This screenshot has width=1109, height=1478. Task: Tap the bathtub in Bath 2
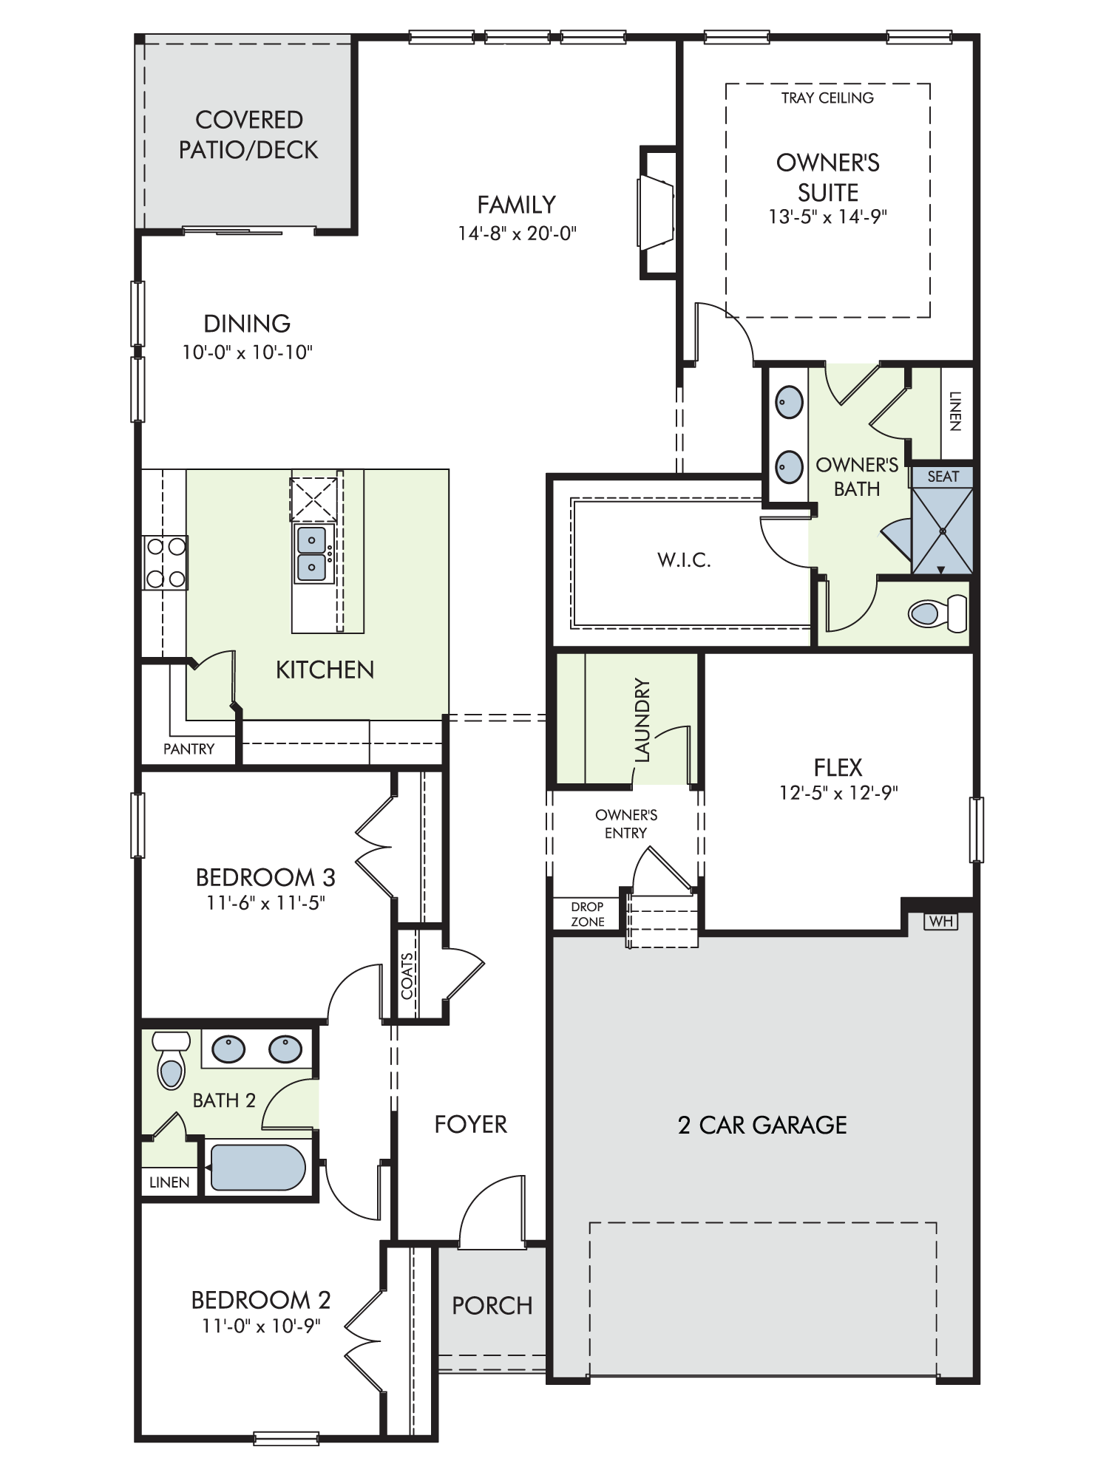pyautogui.click(x=258, y=1168)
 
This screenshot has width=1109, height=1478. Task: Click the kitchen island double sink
pyautogui.click(x=312, y=554)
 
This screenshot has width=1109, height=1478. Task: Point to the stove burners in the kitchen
pyautogui.click(x=166, y=562)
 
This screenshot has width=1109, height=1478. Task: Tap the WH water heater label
pyautogui.click(x=940, y=922)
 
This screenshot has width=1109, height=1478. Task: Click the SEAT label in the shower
pyautogui.click(x=943, y=477)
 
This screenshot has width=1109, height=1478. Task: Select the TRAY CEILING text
pyautogui.click(x=827, y=98)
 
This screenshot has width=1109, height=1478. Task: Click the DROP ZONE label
pyautogui.click(x=588, y=914)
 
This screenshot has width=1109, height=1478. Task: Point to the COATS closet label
pyautogui.click(x=407, y=976)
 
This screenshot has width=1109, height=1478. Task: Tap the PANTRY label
pyautogui.click(x=189, y=749)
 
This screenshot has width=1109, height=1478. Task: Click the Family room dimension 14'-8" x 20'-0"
pyautogui.click(x=517, y=234)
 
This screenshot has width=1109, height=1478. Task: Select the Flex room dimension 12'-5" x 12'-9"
pyautogui.click(x=838, y=792)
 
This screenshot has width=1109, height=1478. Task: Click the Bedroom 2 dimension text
pyautogui.click(x=261, y=1326)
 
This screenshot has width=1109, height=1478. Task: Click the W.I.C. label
pyautogui.click(x=684, y=560)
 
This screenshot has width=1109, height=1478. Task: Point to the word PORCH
pyautogui.click(x=492, y=1306)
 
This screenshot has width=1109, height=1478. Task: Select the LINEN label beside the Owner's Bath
pyautogui.click(x=955, y=411)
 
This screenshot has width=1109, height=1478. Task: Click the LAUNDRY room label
pyautogui.click(x=642, y=720)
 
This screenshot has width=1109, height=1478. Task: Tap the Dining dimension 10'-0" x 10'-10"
pyautogui.click(x=248, y=353)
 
